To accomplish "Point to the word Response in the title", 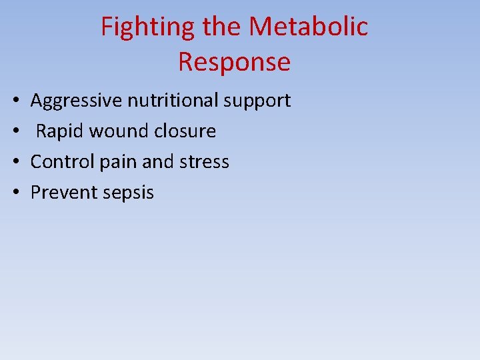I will tap(234, 62).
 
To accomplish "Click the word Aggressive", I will tap(77, 101).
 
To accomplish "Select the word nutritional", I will tap(173, 101).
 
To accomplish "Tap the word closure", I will tap(185, 131).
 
